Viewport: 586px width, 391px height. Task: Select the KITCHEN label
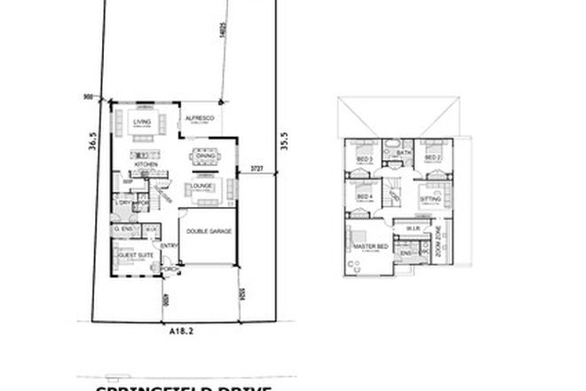pos(146,165)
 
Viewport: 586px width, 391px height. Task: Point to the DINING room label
pos(206,156)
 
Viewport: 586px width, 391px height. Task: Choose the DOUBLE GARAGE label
pos(209,230)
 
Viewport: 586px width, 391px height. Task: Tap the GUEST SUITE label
pos(130,254)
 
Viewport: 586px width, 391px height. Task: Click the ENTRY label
pos(168,246)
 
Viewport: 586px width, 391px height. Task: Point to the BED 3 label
pos(363,159)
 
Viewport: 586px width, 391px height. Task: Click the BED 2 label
pos(432,158)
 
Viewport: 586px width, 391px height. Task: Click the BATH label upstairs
pos(403,152)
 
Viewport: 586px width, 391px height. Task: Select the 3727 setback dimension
pos(257,167)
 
